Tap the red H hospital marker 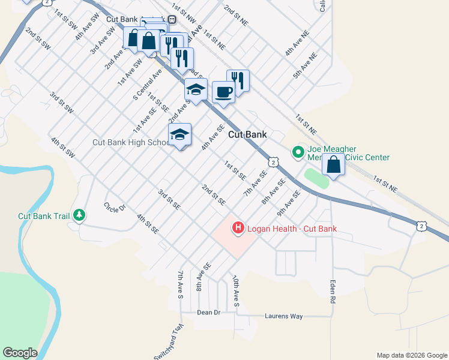tap(238, 228)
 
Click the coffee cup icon tap(223, 92)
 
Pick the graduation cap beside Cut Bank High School tap(179, 135)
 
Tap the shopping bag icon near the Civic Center tap(333, 164)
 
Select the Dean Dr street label tap(209, 313)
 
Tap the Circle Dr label tap(114, 208)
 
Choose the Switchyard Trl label tap(167, 343)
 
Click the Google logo tap(20, 353)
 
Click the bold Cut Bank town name tap(247, 135)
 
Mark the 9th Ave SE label tap(289, 203)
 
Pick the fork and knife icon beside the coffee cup tap(238, 80)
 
